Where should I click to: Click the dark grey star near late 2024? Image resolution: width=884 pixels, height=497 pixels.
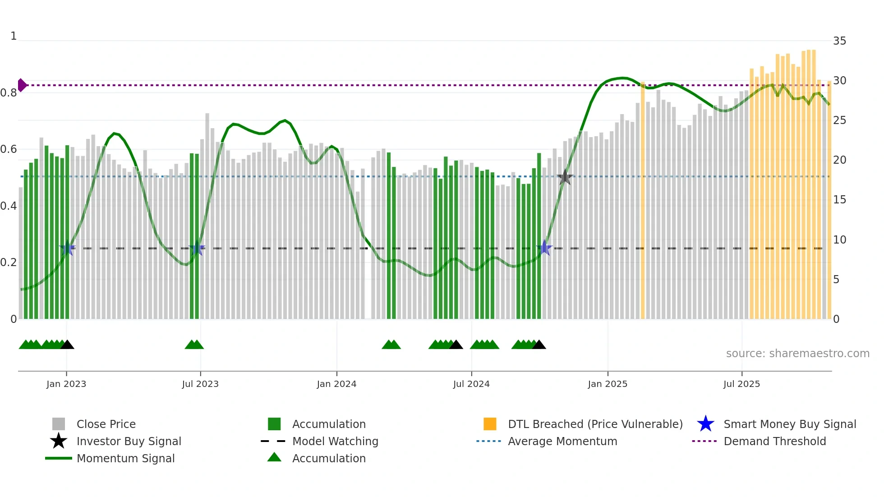pos(565,177)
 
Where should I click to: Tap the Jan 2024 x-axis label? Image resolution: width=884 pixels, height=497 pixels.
pos(336,384)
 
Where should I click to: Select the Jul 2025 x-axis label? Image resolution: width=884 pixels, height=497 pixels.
pos(741,384)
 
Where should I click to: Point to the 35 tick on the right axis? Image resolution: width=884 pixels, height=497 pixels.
pos(839,41)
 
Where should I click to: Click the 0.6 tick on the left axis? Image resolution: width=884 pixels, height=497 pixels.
pos(9,149)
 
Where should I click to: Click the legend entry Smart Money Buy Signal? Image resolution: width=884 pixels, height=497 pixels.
pos(789,424)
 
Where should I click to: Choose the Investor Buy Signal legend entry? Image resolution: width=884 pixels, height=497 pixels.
pos(129,441)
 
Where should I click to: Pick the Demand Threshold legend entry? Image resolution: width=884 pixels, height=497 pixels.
pos(774,441)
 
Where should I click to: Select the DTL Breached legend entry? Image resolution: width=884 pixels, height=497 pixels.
pos(595,424)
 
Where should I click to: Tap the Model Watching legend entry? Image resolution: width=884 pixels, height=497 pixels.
pos(335,441)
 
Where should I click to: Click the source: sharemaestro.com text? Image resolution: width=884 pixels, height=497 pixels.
pos(797,353)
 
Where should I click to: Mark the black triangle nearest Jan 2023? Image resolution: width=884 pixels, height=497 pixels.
pos(67,345)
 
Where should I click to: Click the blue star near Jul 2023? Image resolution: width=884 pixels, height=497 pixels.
pos(197,248)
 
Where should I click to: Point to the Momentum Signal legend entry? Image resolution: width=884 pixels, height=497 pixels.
pos(125,458)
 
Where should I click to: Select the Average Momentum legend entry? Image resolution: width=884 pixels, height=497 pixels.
pos(562,441)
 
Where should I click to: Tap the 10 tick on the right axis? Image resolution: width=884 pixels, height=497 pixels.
pos(839,239)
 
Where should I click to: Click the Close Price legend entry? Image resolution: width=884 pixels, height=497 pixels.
pos(106,424)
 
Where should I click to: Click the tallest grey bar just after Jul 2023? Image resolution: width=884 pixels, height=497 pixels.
pos(207,216)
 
